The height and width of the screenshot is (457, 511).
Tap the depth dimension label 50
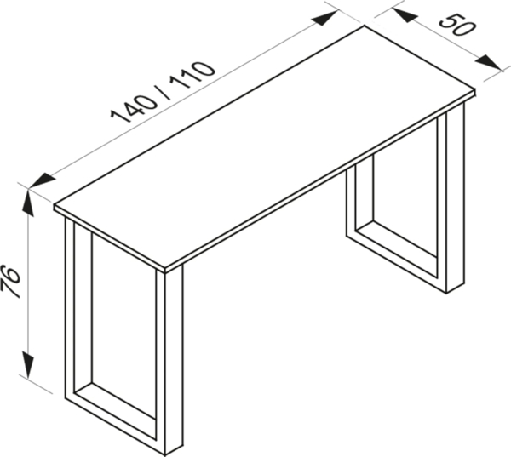[456, 25]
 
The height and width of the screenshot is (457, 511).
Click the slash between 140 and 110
[164, 89]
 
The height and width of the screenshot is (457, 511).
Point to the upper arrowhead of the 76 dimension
[29, 202]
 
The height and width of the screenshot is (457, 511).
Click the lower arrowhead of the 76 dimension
[29, 364]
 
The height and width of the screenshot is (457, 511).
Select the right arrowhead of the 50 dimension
[489, 61]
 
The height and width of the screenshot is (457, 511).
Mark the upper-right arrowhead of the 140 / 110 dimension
[324, 18]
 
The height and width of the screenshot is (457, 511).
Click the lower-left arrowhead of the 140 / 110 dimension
[42, 181]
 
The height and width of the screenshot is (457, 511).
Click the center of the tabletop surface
[264, 148]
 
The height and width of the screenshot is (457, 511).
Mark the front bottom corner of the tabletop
[165, 272]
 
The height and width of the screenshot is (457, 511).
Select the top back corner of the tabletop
[364, 26]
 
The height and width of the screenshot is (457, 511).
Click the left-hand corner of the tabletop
[55, 205]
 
